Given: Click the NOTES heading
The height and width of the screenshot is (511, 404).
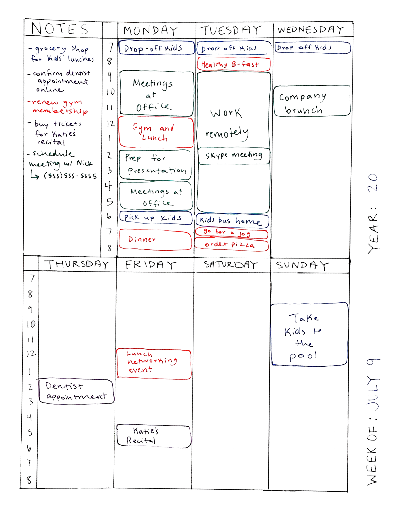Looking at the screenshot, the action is pos(60,29).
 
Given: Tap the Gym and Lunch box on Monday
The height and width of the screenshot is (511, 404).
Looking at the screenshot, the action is pos(156,132).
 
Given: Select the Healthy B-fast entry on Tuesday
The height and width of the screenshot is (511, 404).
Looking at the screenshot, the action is pos(234,64).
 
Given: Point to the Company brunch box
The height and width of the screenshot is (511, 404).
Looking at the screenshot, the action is pos(312,101).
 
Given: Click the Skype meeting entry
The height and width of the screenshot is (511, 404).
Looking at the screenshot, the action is pos(234,156).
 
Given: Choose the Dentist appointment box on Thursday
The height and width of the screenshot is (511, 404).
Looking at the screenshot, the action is pos(76,391).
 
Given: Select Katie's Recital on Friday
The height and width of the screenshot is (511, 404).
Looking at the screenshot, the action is pos(154,436).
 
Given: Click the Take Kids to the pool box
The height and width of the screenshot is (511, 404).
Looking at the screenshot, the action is pos(309,334).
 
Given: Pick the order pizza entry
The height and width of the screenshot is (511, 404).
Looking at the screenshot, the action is pos(231,245).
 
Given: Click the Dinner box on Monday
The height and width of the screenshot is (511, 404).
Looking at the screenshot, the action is pos(155,240).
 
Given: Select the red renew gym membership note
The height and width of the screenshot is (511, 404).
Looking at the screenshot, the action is pos(58,107).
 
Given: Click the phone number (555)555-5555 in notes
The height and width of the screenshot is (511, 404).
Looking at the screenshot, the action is pos(70,176).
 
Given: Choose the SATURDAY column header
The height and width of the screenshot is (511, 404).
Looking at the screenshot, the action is pos(231,265).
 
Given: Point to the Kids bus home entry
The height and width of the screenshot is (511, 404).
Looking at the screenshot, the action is pos(232,221).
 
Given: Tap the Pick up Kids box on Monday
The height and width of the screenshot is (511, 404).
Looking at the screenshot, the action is pos(156,218).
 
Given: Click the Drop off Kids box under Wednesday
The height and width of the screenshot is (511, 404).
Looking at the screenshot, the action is pos(312,48).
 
